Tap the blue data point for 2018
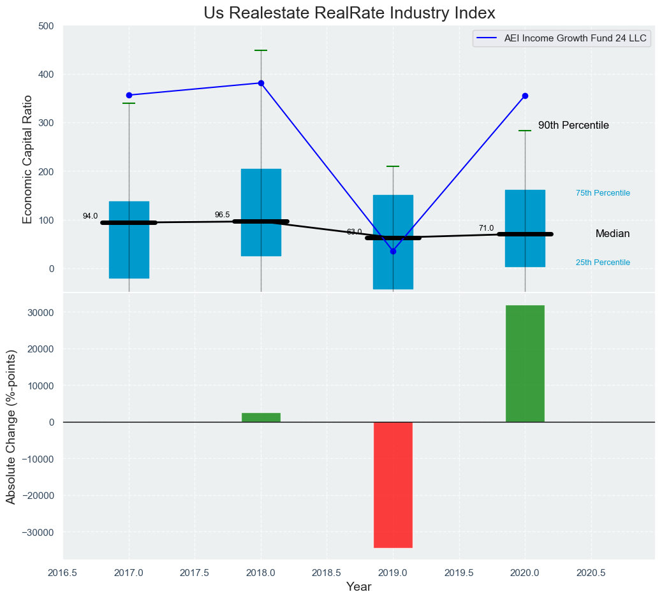pos(261,83)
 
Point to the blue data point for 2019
pos(393,251)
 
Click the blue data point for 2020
pos(525,96)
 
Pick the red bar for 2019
pos(393,484)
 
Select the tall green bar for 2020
pos(525,363)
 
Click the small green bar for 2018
pos(261,417)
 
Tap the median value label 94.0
pos(91,216)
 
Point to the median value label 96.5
pos(223,215)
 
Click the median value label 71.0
pos(486,228)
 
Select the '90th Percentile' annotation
pos(573,126)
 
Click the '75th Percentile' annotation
pos(603,193)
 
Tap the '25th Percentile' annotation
pos(603,263)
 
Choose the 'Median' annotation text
pos(612,234)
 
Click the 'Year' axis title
pos(358,587)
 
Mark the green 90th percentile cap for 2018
pos(261,50)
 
